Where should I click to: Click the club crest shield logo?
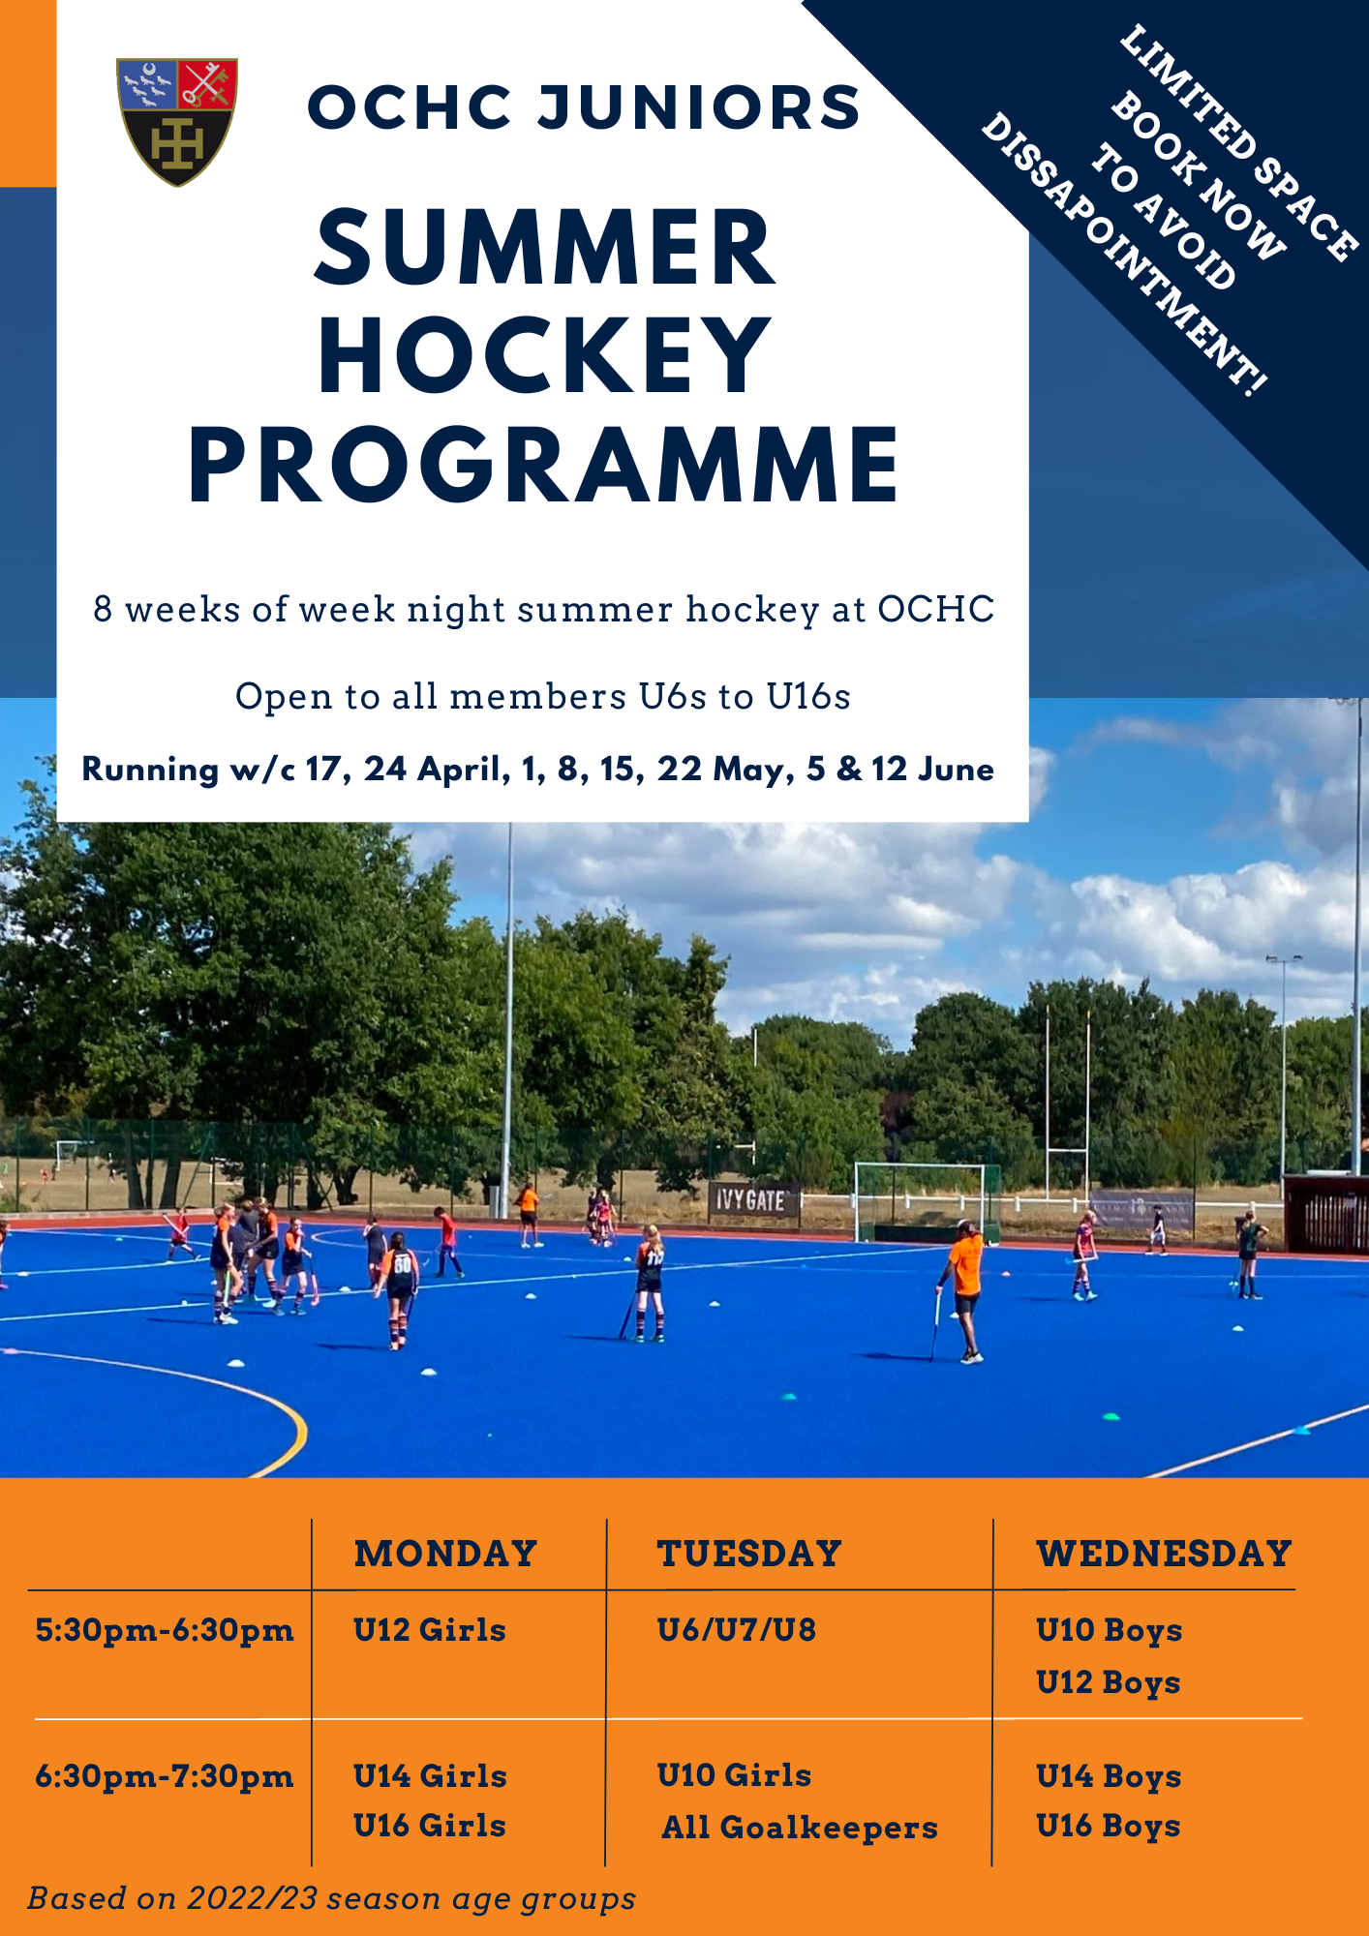click(x=177, y=120)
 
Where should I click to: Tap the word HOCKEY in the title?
click(x=545, y=357)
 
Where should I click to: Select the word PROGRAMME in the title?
click(x=545, y=466)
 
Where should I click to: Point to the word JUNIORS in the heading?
click(x=699, y=107)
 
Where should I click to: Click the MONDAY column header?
click(x=445, y=1554)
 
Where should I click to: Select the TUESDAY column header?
click(x=749, y=1554)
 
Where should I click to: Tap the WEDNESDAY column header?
click(x=1164, y=1554)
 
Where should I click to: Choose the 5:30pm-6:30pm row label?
click(x=165, y=1630)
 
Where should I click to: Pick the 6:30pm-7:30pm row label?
click(x=165, y=1776)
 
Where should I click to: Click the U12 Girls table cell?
click(x=430, y=1630)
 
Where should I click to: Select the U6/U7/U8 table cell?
click(x=737, y=1630)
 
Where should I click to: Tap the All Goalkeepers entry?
click(x=800, y=1828)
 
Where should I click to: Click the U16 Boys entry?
click(x=1109, y=1827)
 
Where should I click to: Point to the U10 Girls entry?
click(x=734, y=1775)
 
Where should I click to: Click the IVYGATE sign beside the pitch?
click(x=751, y=1201)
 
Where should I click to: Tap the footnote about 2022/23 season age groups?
click(x=331, y=1899)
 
